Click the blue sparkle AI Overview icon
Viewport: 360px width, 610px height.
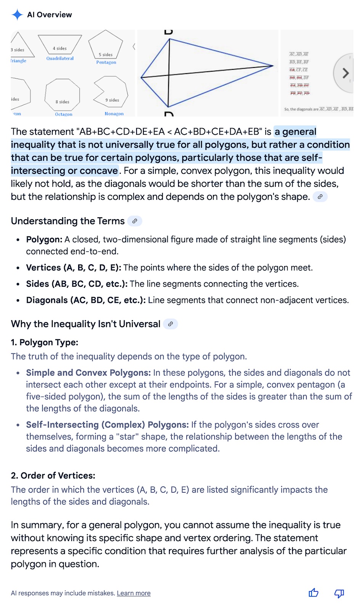[x=17, y=15]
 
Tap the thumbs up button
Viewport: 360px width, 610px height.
[x=313, y=593]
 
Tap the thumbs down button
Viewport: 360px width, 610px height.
[x=339, y=593]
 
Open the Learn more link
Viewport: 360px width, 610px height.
[x=133, y=593]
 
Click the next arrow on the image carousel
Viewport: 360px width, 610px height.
[x=345, y=73]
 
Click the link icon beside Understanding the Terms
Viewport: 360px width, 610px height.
[x=135, y=221]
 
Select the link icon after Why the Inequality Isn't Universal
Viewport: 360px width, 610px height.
[x=170, y=324]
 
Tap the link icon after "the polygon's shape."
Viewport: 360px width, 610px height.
[x=320, y=197]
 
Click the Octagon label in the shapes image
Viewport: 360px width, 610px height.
[x=63, y=114]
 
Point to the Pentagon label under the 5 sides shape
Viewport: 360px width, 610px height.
[x=106, y=62]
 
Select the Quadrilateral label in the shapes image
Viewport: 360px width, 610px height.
[x=60, y=58]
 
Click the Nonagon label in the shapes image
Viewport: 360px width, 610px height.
[x=114, y=114]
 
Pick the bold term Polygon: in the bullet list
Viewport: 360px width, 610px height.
[x=44, y=239]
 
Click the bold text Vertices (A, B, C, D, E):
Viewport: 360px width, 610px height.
[x=74, y=268]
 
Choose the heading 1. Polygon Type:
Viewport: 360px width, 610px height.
[x=45, y=342]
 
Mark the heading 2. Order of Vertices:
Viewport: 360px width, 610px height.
[x=53, y=476]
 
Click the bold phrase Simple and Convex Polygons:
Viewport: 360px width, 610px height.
[x=88, y=373]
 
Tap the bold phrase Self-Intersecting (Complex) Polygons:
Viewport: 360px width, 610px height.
[x=107, y=425]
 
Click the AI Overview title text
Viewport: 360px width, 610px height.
[x=50, y=15]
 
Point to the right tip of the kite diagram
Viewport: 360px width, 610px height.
[x=273, y=66]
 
